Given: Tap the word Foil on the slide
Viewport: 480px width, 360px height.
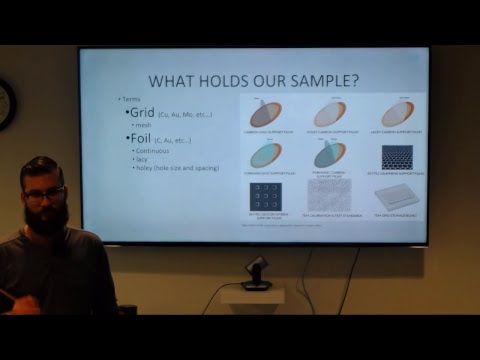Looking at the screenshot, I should click(x=139, y=138).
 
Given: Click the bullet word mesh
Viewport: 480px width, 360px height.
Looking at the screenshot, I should click(x=141, y=125).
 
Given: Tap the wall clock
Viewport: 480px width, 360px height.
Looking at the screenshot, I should click(x=5, y=103).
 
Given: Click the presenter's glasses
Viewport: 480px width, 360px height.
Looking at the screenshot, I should click(x=44, y=193).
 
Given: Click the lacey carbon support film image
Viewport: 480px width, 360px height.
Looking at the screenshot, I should click(x=397, y=113).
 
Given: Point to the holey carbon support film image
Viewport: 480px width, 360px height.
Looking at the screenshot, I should click(x=330, y=113).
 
